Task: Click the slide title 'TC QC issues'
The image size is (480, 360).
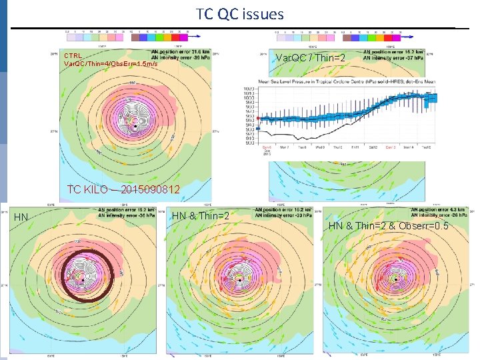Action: pyautogui.click(x=239, y=13)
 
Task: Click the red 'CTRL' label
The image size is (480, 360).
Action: pyautogui.click(x=73, y=56)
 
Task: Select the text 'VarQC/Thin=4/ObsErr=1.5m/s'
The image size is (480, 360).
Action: pyautogui.click(x=111, y=63)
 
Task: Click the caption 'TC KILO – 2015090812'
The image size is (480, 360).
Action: pyautogui.click(x=123, y=190)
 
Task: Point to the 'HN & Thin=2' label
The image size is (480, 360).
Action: pyautogui.click(x=200, y=216)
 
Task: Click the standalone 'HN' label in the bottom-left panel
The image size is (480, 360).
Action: pyautogui.click(x=21, y=217)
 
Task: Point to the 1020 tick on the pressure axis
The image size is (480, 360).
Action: pyautogui.click(x=249, y=88)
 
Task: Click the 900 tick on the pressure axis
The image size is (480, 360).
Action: pyautogui.click(x=249, y=142)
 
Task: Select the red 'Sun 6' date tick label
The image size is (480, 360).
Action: pyautogui.click(x=267, y=147)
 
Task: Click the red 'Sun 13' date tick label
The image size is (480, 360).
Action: pyautogui.click(x=389, y=147)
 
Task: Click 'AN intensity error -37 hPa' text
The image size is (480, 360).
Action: pyautogui.click(x=393, y=57)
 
